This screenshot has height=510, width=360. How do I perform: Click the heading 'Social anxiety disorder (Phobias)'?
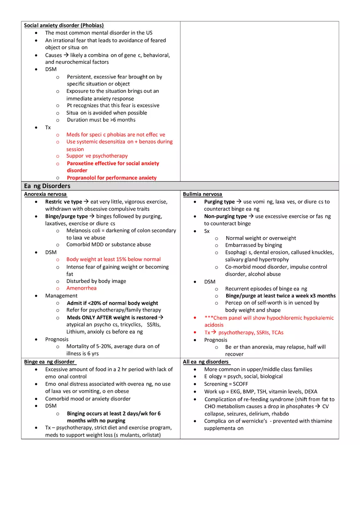[64, 25]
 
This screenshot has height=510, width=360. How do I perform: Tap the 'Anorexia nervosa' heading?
[45, 194]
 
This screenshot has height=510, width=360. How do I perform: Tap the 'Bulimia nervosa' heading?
[202, 194]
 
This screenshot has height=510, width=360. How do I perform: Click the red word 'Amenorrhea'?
[81, 288]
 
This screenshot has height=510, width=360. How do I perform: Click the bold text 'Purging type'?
[219, 202]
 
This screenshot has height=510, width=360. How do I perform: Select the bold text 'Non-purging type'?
[225, 216]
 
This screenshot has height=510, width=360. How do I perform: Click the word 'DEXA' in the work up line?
[310, 391]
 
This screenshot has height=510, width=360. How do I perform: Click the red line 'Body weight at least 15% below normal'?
[113, 259]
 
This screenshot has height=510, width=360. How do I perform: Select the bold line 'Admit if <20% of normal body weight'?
[112, 303]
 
